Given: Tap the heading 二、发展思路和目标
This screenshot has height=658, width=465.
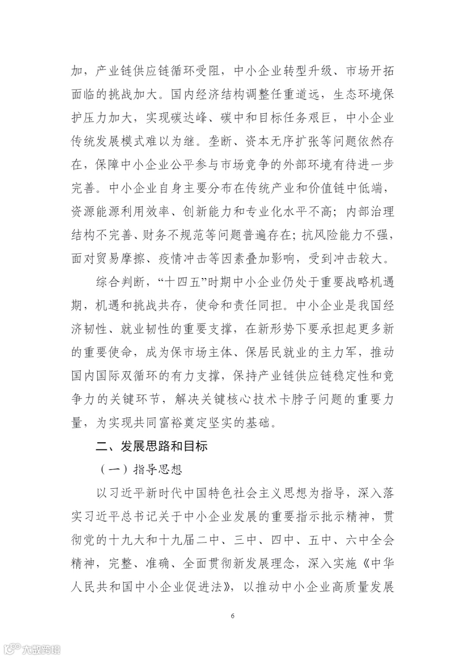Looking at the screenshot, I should coord(152,446).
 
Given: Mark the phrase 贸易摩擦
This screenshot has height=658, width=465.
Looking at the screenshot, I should coord(121,259).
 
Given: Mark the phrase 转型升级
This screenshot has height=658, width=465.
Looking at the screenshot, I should coord(308,71).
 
